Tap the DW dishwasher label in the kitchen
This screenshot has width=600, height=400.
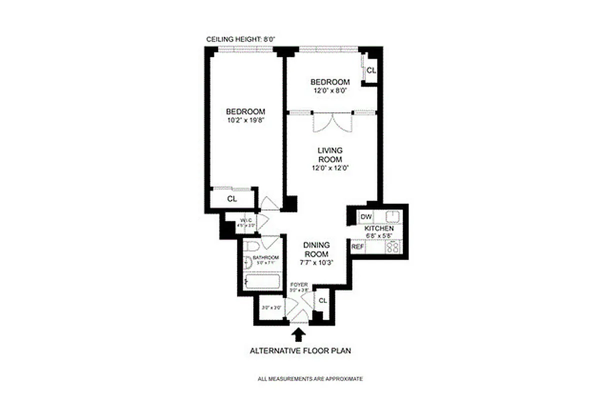coord(365,216)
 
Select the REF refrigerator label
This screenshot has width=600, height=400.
coord(357,246)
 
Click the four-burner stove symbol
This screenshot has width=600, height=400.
coord(393,247)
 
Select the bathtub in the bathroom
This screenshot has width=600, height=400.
coord(262,281)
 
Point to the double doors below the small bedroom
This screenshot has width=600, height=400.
coord(333,122)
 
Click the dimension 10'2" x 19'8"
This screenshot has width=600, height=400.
coord(245,120)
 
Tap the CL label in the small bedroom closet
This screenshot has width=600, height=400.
coord(370,70)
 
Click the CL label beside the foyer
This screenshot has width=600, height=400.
coord(322,300)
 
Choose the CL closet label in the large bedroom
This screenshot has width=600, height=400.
coord(232,199)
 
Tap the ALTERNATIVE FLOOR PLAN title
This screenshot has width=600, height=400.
coord(300,350)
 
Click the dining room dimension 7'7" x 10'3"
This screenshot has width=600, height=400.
coord(316,262)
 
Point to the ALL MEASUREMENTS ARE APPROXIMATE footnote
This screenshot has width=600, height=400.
coord(310,379)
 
